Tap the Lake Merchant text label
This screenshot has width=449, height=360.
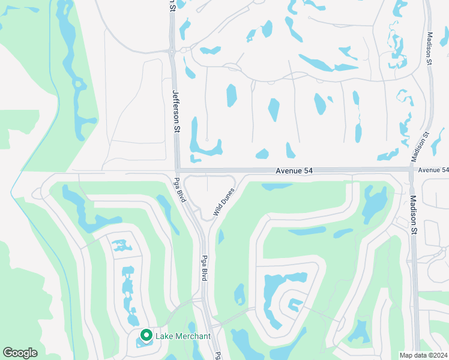tap(183, 336)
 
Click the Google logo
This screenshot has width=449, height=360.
tap(20, 353)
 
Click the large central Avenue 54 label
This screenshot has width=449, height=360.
tap(294, 171)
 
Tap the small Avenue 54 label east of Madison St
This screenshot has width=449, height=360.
tap(433, 170)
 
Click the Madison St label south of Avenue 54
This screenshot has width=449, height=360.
tap(413, 214)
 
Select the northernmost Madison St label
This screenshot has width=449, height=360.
tap(429, 49)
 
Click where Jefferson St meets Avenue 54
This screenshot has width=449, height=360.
tap(178, 170)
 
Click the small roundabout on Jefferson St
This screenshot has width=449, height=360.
tap(172, 53)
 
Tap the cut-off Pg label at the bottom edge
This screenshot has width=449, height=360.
tap(217, 355)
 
